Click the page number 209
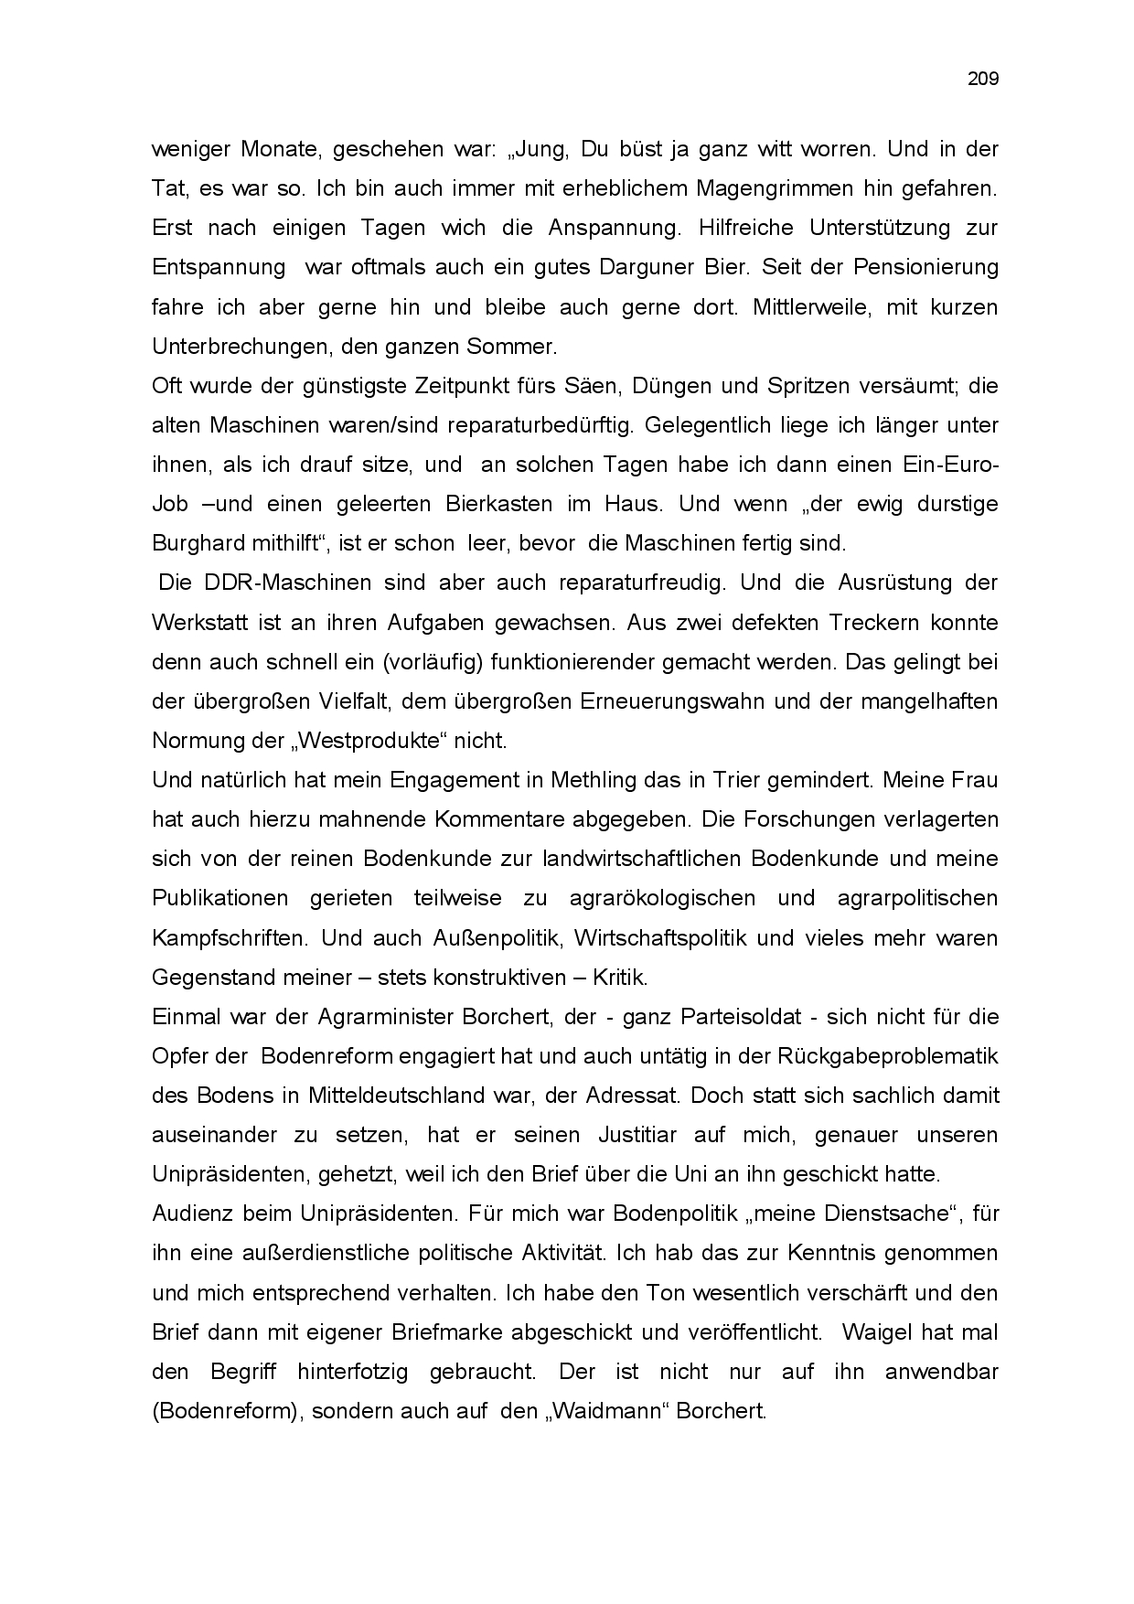[x=983, y=79]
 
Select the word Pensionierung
[x=925, y=267]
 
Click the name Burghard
[x=198, y=543]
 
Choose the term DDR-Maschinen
[x=265, y=583]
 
